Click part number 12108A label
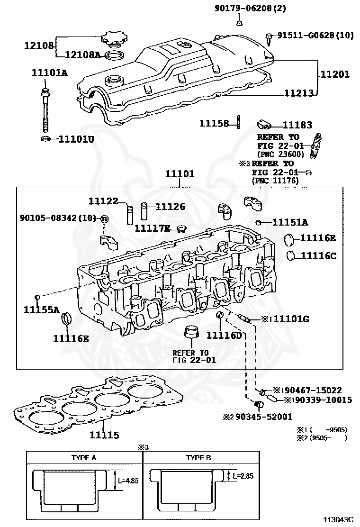tap(82, 55)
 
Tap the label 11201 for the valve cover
tap(334, 74)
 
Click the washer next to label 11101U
tap(46, 139)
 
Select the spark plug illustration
tap(316, 146)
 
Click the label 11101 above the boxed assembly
tap(180, 174)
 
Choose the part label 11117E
tap(152, 228)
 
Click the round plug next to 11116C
tap(291, 255)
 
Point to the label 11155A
tap(41, 309)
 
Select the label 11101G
tap(291, 318)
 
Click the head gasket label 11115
tap(104, 435)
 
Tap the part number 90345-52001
tap(264, 417)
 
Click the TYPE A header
tap(84, 457)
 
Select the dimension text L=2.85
tap(243, 475)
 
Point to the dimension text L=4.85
tap(128, 481)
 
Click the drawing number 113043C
tap(339, 519)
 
